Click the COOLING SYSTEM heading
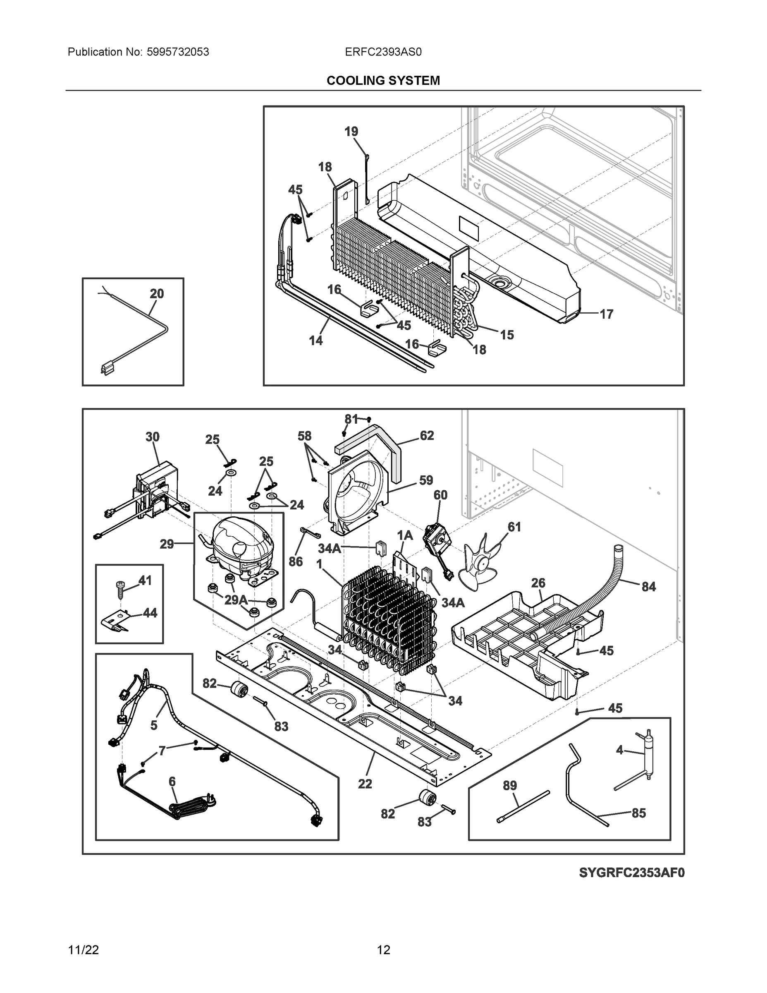(x=383, y=81)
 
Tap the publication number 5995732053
(x=178, y=52)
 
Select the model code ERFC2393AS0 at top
(x=383, y=52)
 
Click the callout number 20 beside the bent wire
(x=157, y=294)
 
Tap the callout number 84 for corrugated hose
(x=648, y=587)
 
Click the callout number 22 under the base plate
(x=365, y=783)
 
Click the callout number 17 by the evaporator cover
(x=607, y=314)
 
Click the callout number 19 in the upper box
(x=351, y=132)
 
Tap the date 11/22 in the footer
(x=83, y=950)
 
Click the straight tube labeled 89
(x=523, y=806)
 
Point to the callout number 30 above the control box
(x=152, y=437)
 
